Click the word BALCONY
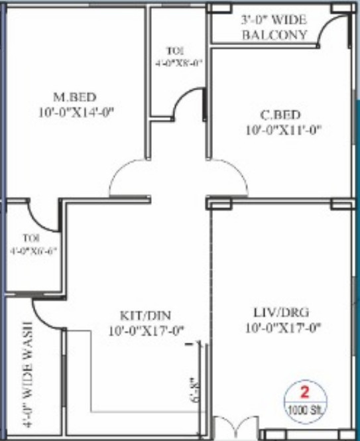(x=274, y=35)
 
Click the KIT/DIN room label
(x=146, y=314)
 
